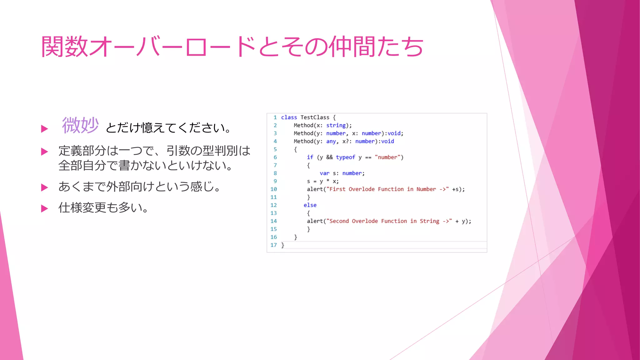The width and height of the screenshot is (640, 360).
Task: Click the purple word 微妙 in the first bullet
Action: (x=80, y=125)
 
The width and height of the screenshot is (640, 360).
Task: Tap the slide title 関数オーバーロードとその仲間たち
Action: (x=232, y=47)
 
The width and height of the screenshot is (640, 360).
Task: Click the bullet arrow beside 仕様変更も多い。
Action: (x=45, y=208)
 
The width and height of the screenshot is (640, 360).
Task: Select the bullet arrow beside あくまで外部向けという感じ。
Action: (x=45, y=187)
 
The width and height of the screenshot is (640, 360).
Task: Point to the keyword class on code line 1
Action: (x=289, y=117)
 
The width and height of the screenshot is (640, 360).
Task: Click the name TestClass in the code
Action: (x=315, y=117)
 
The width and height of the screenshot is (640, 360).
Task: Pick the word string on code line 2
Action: (x=336, y=125)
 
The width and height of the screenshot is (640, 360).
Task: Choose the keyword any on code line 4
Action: (x=331, y=141)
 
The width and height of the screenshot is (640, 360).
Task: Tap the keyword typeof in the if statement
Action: (x=345, y=157)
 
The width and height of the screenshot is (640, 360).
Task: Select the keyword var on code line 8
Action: (x=324, y=173)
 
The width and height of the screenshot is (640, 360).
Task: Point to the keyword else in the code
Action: (x=310, y=205)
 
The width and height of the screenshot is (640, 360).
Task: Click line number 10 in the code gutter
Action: (x=274, y=189)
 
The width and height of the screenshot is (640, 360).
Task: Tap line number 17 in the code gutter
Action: (x=274, y=245)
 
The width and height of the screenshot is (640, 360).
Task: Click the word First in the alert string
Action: (x=337, y=189)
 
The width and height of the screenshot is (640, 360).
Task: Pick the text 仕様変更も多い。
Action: (x=103, y=207)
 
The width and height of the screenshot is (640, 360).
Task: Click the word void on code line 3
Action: (x=394, y=133)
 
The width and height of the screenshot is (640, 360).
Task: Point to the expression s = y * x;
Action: (x=322, y=181)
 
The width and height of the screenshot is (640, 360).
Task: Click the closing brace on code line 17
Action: (x=282, y=245)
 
